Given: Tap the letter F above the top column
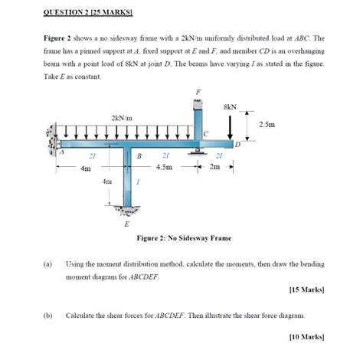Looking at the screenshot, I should (198, 92).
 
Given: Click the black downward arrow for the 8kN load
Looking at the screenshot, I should (231, 126).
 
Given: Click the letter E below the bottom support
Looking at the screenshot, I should (127, 224).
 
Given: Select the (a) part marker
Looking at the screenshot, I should (47, 263).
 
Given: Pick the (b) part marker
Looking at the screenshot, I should (47, 315).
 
